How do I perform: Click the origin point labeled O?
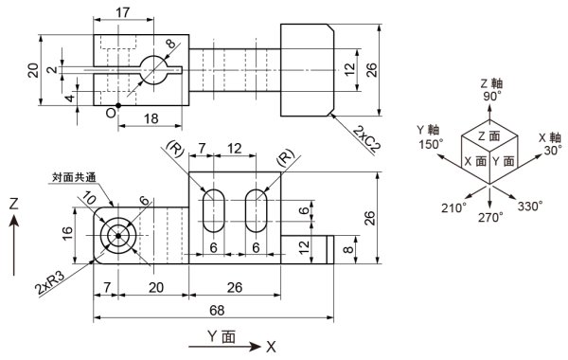coord(118,105)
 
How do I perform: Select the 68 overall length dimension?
coord(217,311)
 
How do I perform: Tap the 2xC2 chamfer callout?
coord(367,138)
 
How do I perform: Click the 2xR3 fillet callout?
coord(50,283)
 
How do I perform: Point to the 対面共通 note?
coord(74,177)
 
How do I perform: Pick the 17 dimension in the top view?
coord(123,12)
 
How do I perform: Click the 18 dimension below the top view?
coord(151,118)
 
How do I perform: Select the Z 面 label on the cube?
coord(489,136)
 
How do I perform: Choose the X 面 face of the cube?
coord(475,161)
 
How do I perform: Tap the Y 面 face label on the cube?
coord(504,161)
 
